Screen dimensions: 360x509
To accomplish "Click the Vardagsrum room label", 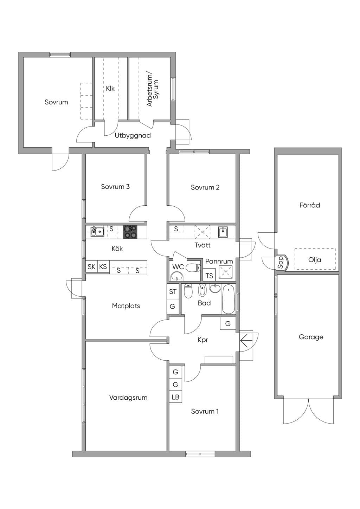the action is coord(128,398).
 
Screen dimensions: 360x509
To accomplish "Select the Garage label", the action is coord(311,337).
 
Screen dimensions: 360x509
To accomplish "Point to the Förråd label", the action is coord(309,205).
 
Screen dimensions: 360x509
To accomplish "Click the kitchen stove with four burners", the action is coord(130,232).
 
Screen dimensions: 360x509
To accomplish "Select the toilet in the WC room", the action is coord(193,268).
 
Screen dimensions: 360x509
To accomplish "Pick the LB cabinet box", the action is coord(175,397).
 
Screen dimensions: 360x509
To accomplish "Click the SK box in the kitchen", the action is coord(91,266).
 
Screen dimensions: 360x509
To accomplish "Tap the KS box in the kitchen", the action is coord(103,266).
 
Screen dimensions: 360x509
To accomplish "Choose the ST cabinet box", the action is coord(173,291).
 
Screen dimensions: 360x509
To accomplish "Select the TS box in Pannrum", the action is coord(209,276).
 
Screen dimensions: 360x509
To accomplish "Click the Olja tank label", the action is coord(315,259).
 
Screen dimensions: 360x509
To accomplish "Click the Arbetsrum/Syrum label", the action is coord(153,90).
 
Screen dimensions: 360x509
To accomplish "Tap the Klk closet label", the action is coord(110,88).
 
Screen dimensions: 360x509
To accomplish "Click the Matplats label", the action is coord(126,306).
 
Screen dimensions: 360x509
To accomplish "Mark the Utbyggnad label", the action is coord(133,135).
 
